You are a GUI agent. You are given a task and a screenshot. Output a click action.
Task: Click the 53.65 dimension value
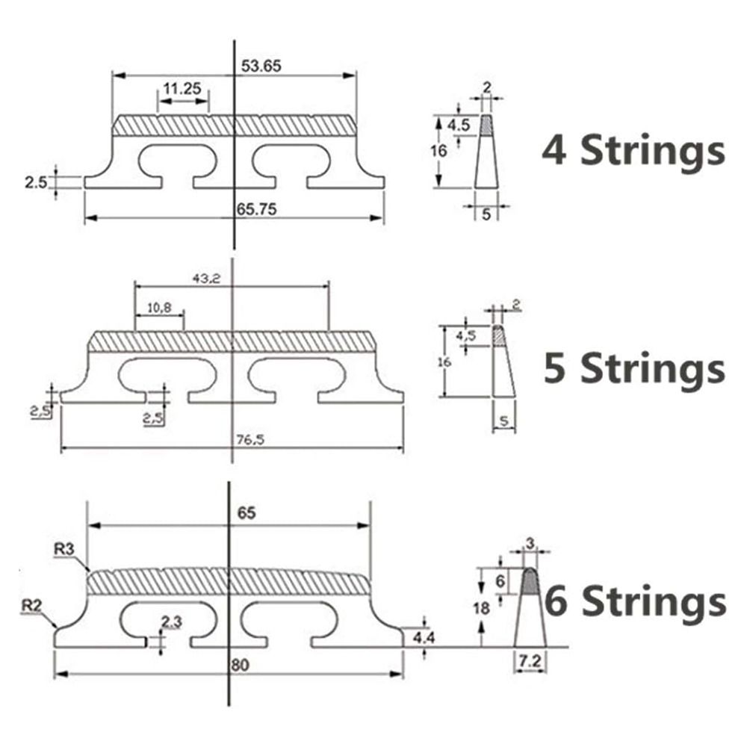tap(261, 66)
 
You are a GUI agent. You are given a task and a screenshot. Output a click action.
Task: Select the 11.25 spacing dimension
tap(182, 88)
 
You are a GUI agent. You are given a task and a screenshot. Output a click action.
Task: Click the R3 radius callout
tap(63, 549)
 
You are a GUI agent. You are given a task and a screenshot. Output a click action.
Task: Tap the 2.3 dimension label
tap(171, 619)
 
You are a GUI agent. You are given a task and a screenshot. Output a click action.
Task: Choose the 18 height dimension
tap(482, 608)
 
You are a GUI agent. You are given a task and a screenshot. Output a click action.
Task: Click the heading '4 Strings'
tap(633, 150)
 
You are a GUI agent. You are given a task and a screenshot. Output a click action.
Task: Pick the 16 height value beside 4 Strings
tap(439, 150)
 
